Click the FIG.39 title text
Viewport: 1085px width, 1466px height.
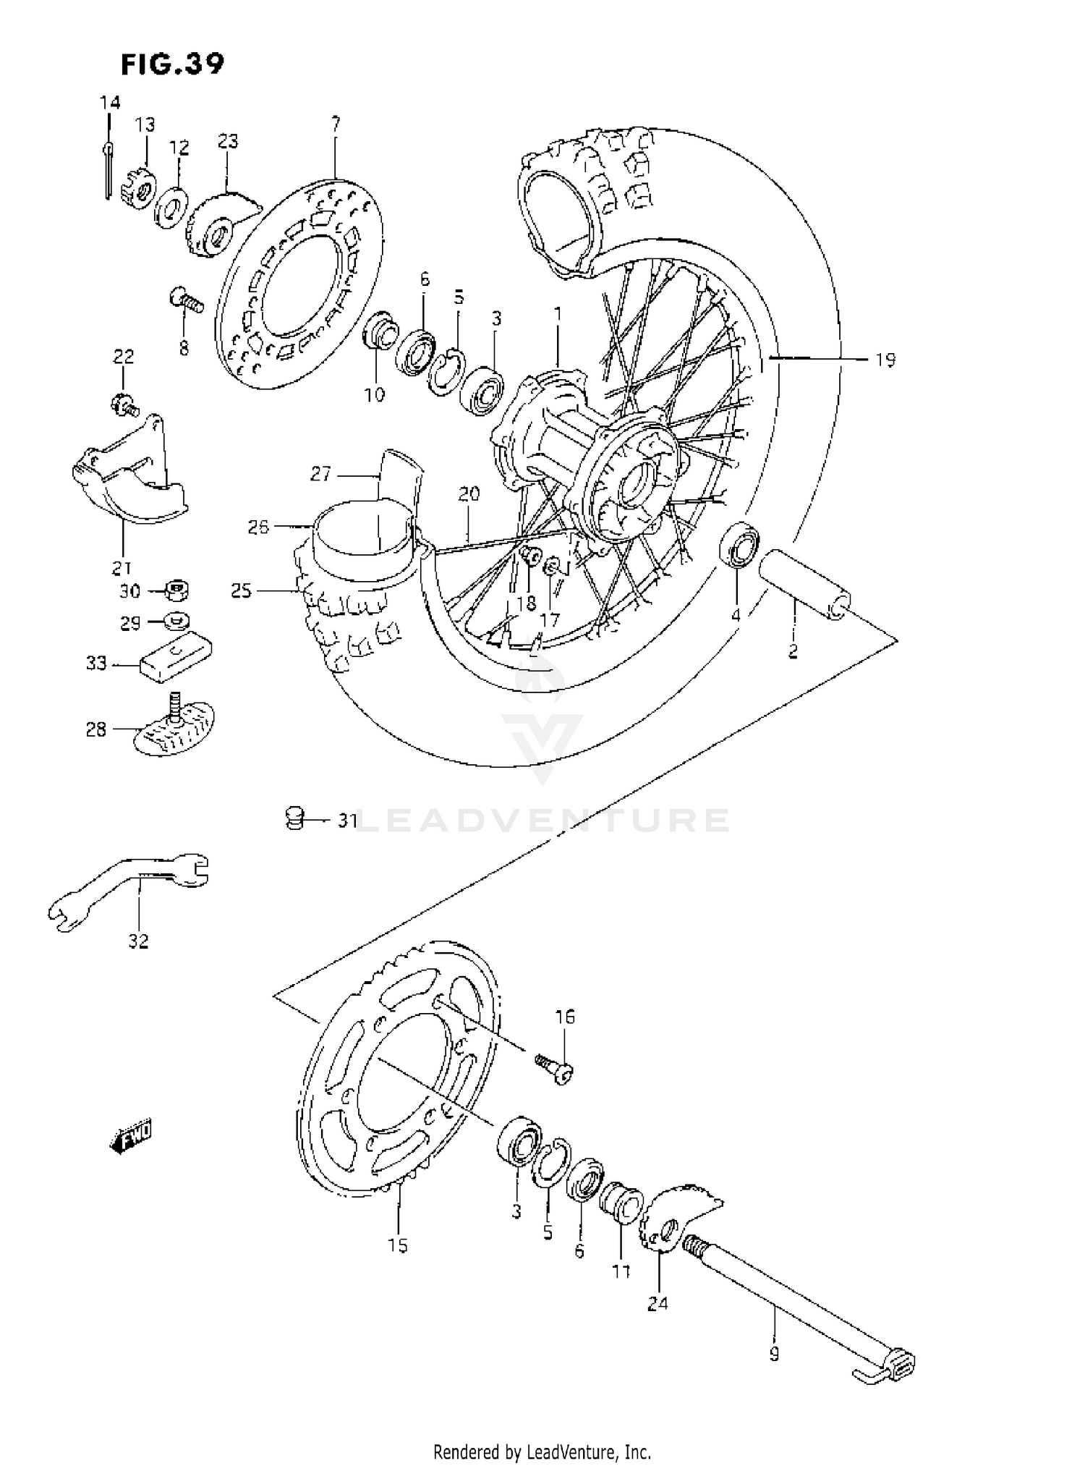pyautogui.click(x=172, y=64)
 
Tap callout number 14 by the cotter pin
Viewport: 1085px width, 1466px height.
pyautogui.click(x=110, y=103)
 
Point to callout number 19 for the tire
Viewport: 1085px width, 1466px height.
pyautogui.click(x=885, y=360)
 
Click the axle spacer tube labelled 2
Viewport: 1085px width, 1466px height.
pyautogui.click(x=804, y=584)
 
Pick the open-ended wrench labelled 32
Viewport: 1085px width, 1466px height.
pyautogui.click(x=130, y=887)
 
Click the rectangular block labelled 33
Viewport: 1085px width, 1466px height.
pyautogui.click(x=176, y=656)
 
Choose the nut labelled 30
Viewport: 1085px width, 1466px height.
pyautogui.click(x=176, y=591)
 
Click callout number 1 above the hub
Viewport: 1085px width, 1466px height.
pyautogui.click(x=557, y=314)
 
